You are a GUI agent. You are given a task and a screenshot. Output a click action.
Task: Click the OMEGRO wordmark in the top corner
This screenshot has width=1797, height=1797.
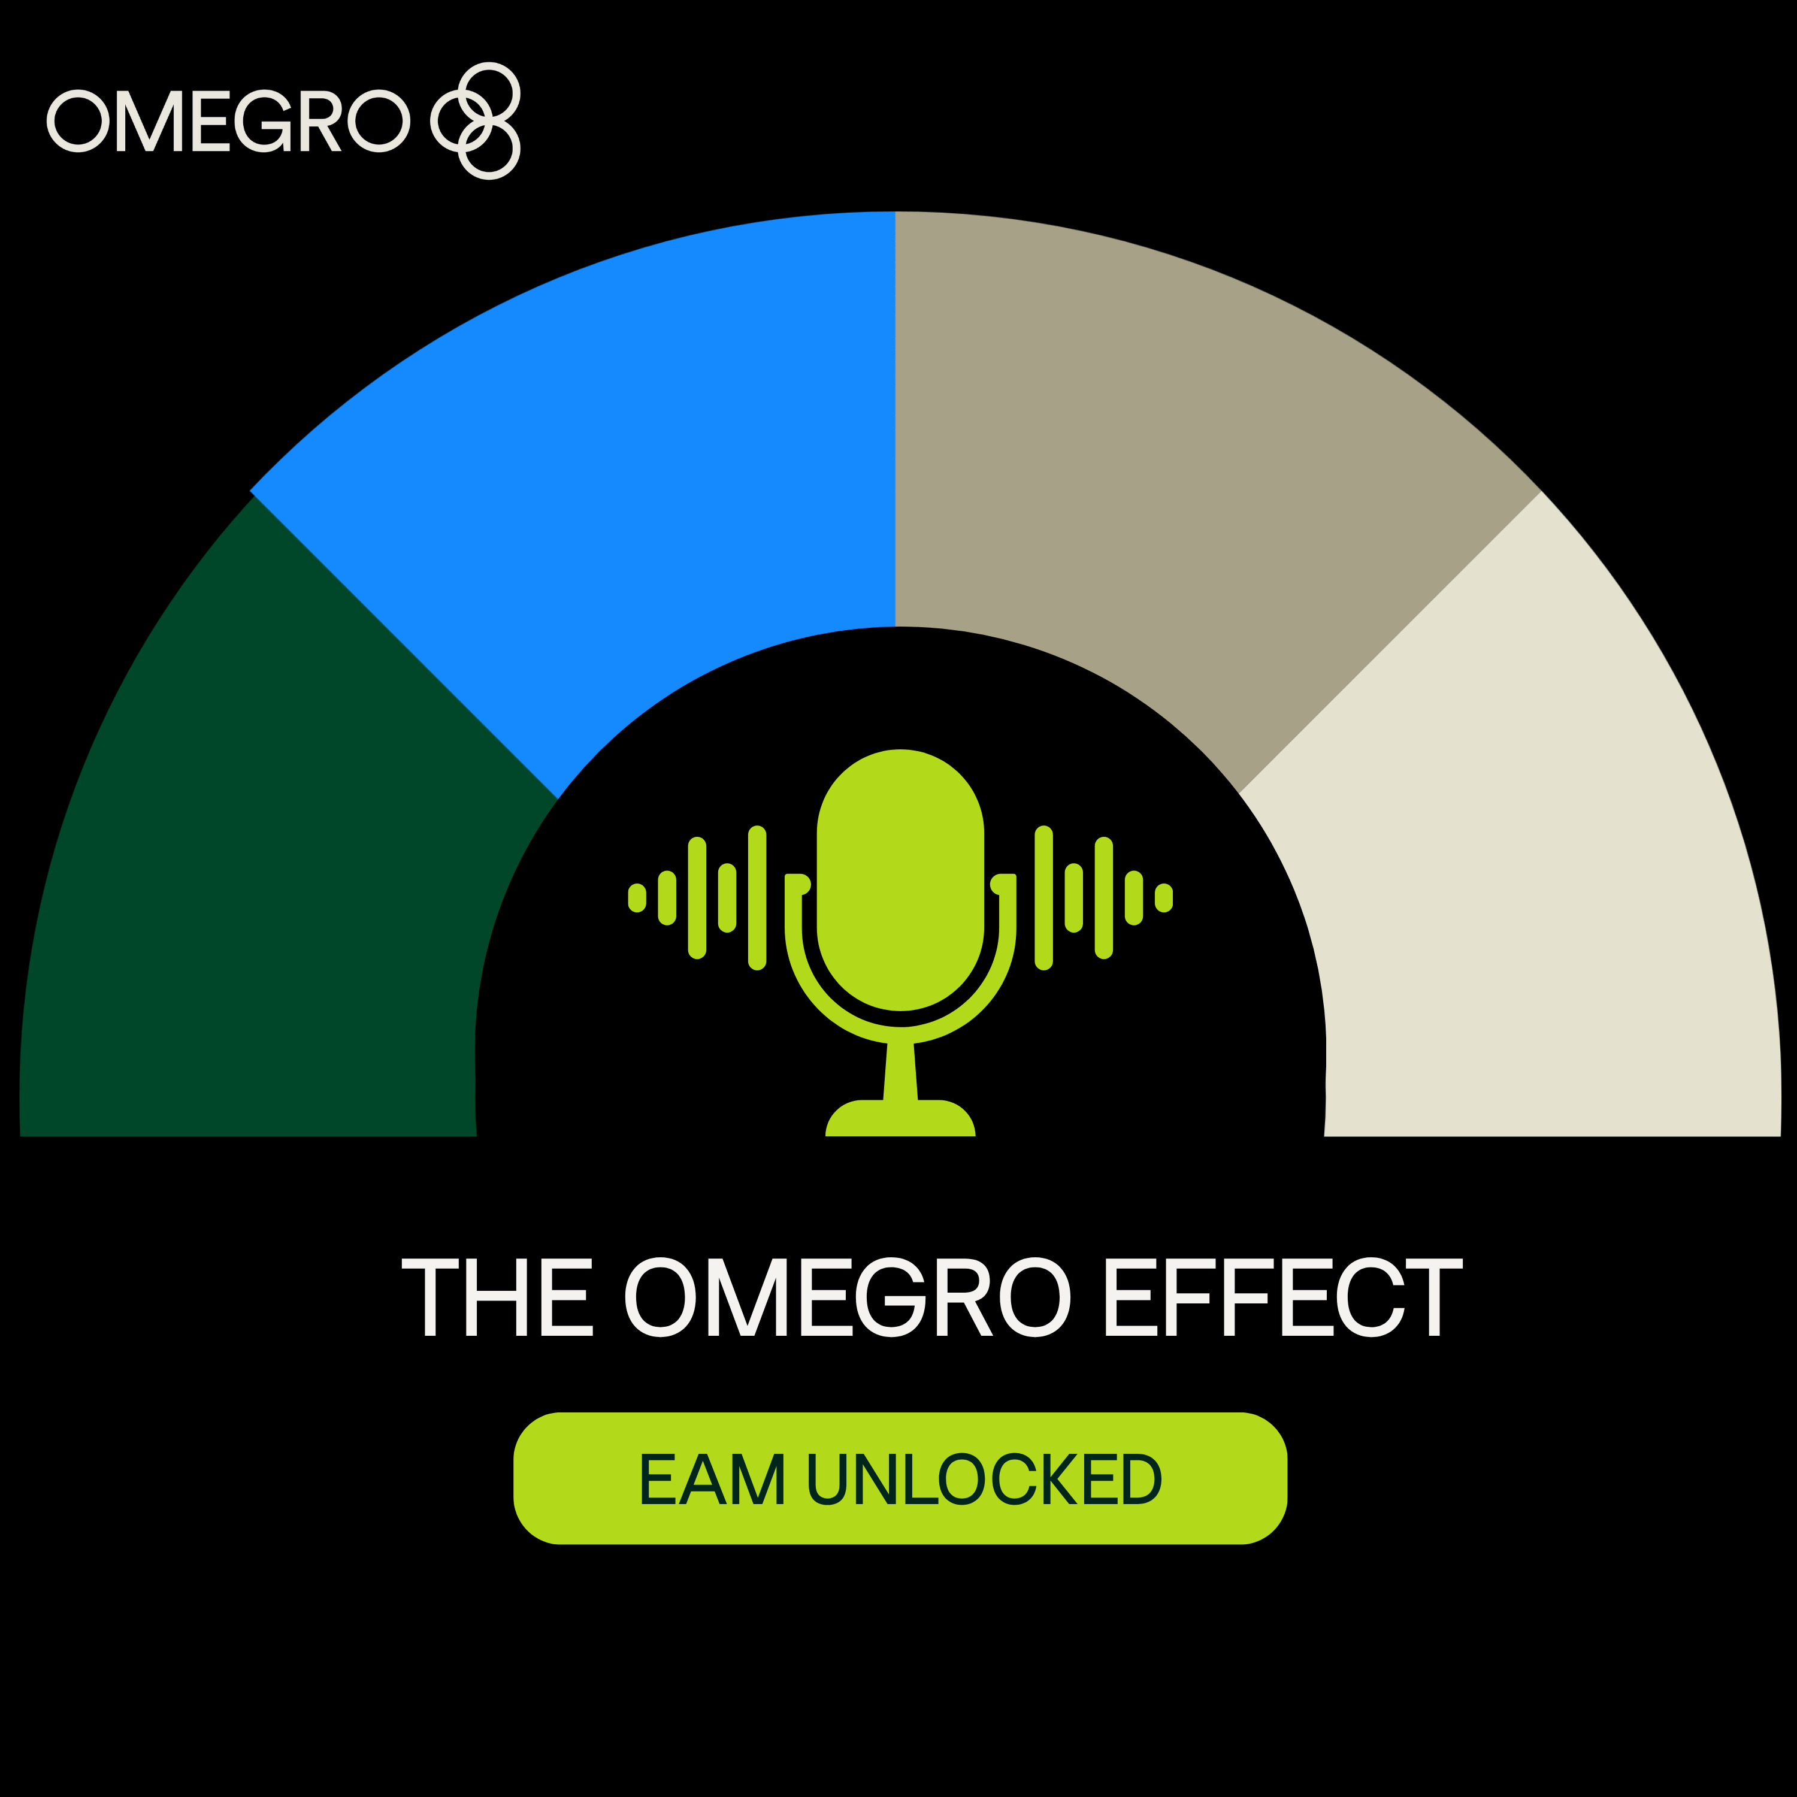(228, 121)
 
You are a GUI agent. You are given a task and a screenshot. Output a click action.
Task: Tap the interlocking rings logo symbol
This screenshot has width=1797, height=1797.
(475, 121)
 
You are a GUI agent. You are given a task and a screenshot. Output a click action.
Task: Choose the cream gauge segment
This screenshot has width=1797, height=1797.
(1535, 837)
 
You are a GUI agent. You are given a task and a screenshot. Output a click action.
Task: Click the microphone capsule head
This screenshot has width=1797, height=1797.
(900, 879)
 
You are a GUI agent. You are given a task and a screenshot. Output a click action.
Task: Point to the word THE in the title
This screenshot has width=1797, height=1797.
(497, 1299)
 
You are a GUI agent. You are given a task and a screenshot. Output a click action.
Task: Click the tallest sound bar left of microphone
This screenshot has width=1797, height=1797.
(757, 897)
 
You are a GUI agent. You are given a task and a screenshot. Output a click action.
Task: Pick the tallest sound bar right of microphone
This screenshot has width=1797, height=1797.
(1043, 897)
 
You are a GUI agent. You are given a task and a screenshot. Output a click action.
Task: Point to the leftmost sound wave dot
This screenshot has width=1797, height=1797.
(637, 897)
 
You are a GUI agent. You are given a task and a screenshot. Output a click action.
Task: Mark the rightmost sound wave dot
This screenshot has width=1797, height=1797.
(1164, 897)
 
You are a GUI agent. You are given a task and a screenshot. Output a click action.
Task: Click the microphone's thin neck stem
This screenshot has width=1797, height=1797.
(900, 1072)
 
